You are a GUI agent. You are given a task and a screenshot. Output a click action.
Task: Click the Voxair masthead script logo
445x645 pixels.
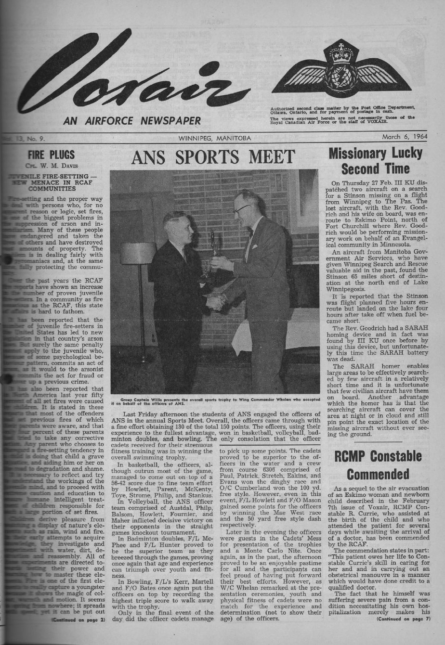tap(130, 77)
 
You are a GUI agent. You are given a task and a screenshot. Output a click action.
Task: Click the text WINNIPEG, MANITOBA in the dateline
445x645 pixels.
tap(214, 138)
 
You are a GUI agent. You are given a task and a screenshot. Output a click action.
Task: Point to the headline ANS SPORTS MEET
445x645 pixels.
tap(213, 157)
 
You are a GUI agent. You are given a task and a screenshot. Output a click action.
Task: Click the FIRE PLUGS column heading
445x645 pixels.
tap(51, 155)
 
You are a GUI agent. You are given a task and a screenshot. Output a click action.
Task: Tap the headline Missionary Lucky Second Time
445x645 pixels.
tap(375, 161)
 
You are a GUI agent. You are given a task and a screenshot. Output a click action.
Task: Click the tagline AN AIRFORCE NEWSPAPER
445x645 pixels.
tap(132, 120)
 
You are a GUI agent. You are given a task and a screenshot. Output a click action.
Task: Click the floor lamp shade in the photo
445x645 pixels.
tap(138, 253)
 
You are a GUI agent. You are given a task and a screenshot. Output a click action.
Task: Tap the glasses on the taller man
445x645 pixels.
tap(241, 209)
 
